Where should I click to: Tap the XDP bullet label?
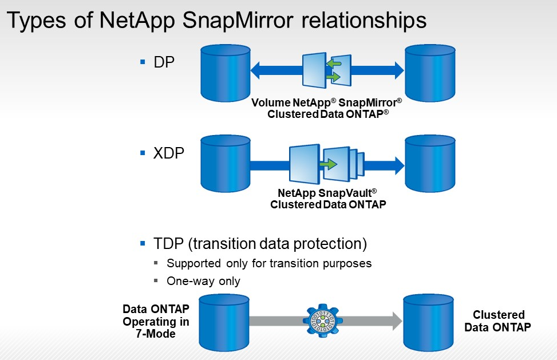click(169, 153)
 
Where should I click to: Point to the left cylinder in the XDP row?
click(226, 163)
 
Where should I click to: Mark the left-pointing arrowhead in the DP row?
click(257, 70)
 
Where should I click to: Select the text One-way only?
click(203, 281)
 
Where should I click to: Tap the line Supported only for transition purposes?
click(269, 263)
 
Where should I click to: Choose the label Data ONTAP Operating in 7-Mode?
click(156, 321)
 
